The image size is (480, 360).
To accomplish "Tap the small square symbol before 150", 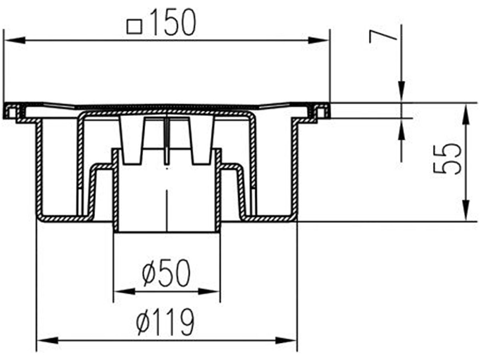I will click(134, 27).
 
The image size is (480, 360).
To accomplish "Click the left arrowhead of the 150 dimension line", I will click(14, 40).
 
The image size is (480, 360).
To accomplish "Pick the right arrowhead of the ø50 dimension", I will click(210, 292).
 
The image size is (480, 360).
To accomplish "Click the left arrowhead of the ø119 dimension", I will click(48, 340).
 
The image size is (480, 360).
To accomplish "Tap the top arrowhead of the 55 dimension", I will click(466, 113).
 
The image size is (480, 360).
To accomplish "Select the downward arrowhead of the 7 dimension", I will click(402, 92).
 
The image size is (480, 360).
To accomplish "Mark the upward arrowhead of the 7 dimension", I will click(402, 130).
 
